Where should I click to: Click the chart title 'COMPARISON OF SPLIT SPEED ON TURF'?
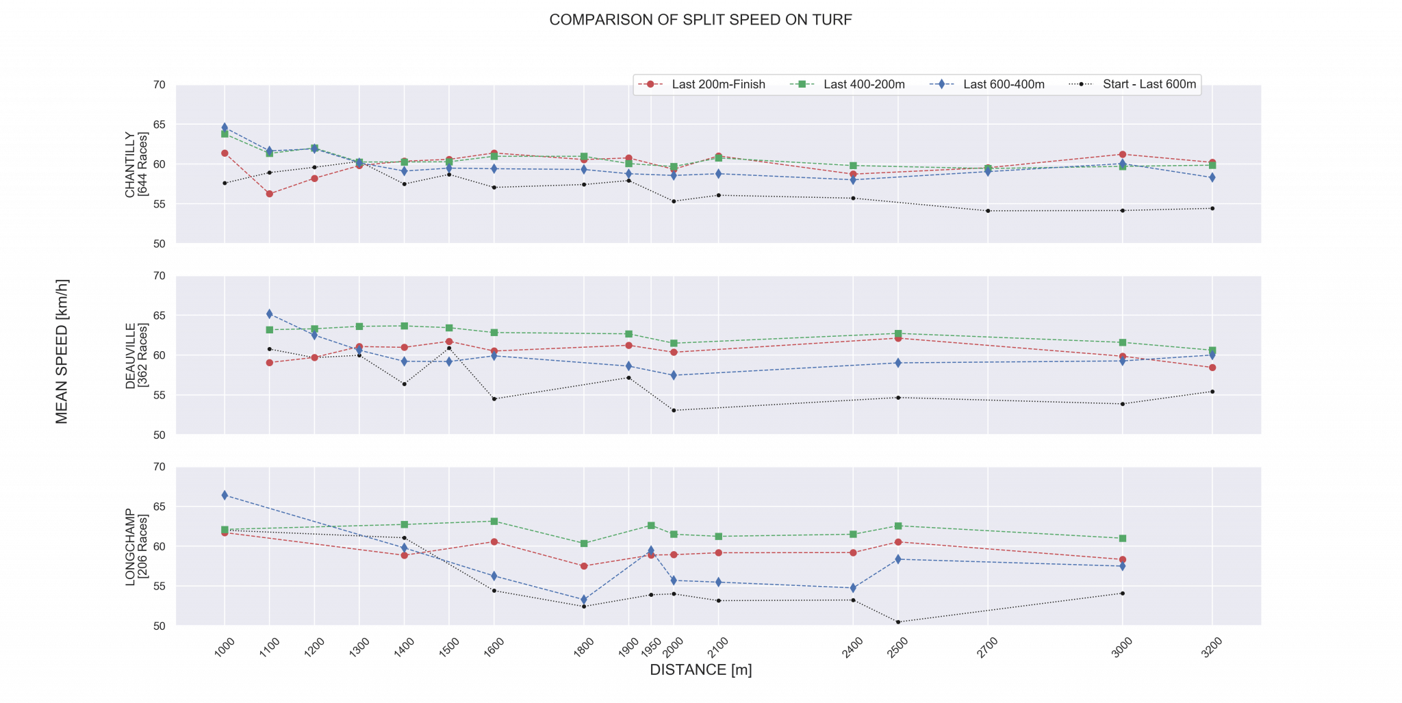pyautogui.click(x=700, y=20)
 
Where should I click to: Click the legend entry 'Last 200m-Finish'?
pyautogui.click(x=718, y=85)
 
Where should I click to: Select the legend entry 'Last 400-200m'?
pyautogui.click(x=864, y=85)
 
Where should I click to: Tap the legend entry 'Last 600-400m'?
pyautogui.click(x=1003, y=85)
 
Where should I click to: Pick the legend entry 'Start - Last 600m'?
pyautogui.click(x=1149, y=85)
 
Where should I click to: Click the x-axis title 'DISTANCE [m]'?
pyautogui.click(x=700, y=670)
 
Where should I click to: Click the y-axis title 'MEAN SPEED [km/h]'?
pyautogui.click(x=62, y=352)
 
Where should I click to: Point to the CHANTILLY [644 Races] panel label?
pyautogui.click(x=136, y=164)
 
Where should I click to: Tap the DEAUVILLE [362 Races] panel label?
pyautogui.click(x=136, y=355)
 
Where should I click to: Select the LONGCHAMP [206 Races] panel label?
pyautogui.click(x=136, y=546)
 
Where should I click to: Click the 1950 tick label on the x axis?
pyautogui.click(x=653, y=646)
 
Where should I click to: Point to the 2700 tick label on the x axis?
pyautogui.click(x=987, y=647)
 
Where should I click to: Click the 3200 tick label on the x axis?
pyautogui.click(x=1212, y=647)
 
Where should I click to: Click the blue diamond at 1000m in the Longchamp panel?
pyautogui.click(x=225, y=495)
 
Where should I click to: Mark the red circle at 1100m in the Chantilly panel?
pyautogui.click(x=270, y=194)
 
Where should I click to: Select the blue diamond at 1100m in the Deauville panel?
pyautogui.click(x=270, y=314)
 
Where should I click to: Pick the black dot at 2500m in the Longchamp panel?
pyautogui.click(x=898, y=622)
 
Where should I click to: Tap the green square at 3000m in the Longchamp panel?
pyautogui.click(x=1123, y=538)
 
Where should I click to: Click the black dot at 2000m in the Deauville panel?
pyautogui.click(x=674, y=410)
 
